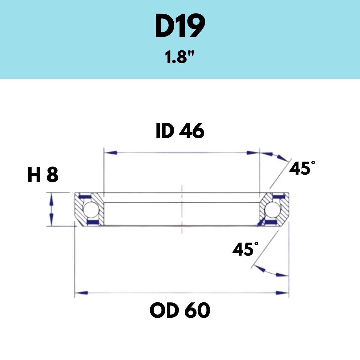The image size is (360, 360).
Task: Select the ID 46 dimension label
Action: click(180, 131)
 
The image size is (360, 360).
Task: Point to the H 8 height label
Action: click(43, 175)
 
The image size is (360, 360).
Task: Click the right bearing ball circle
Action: click(273, 209)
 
